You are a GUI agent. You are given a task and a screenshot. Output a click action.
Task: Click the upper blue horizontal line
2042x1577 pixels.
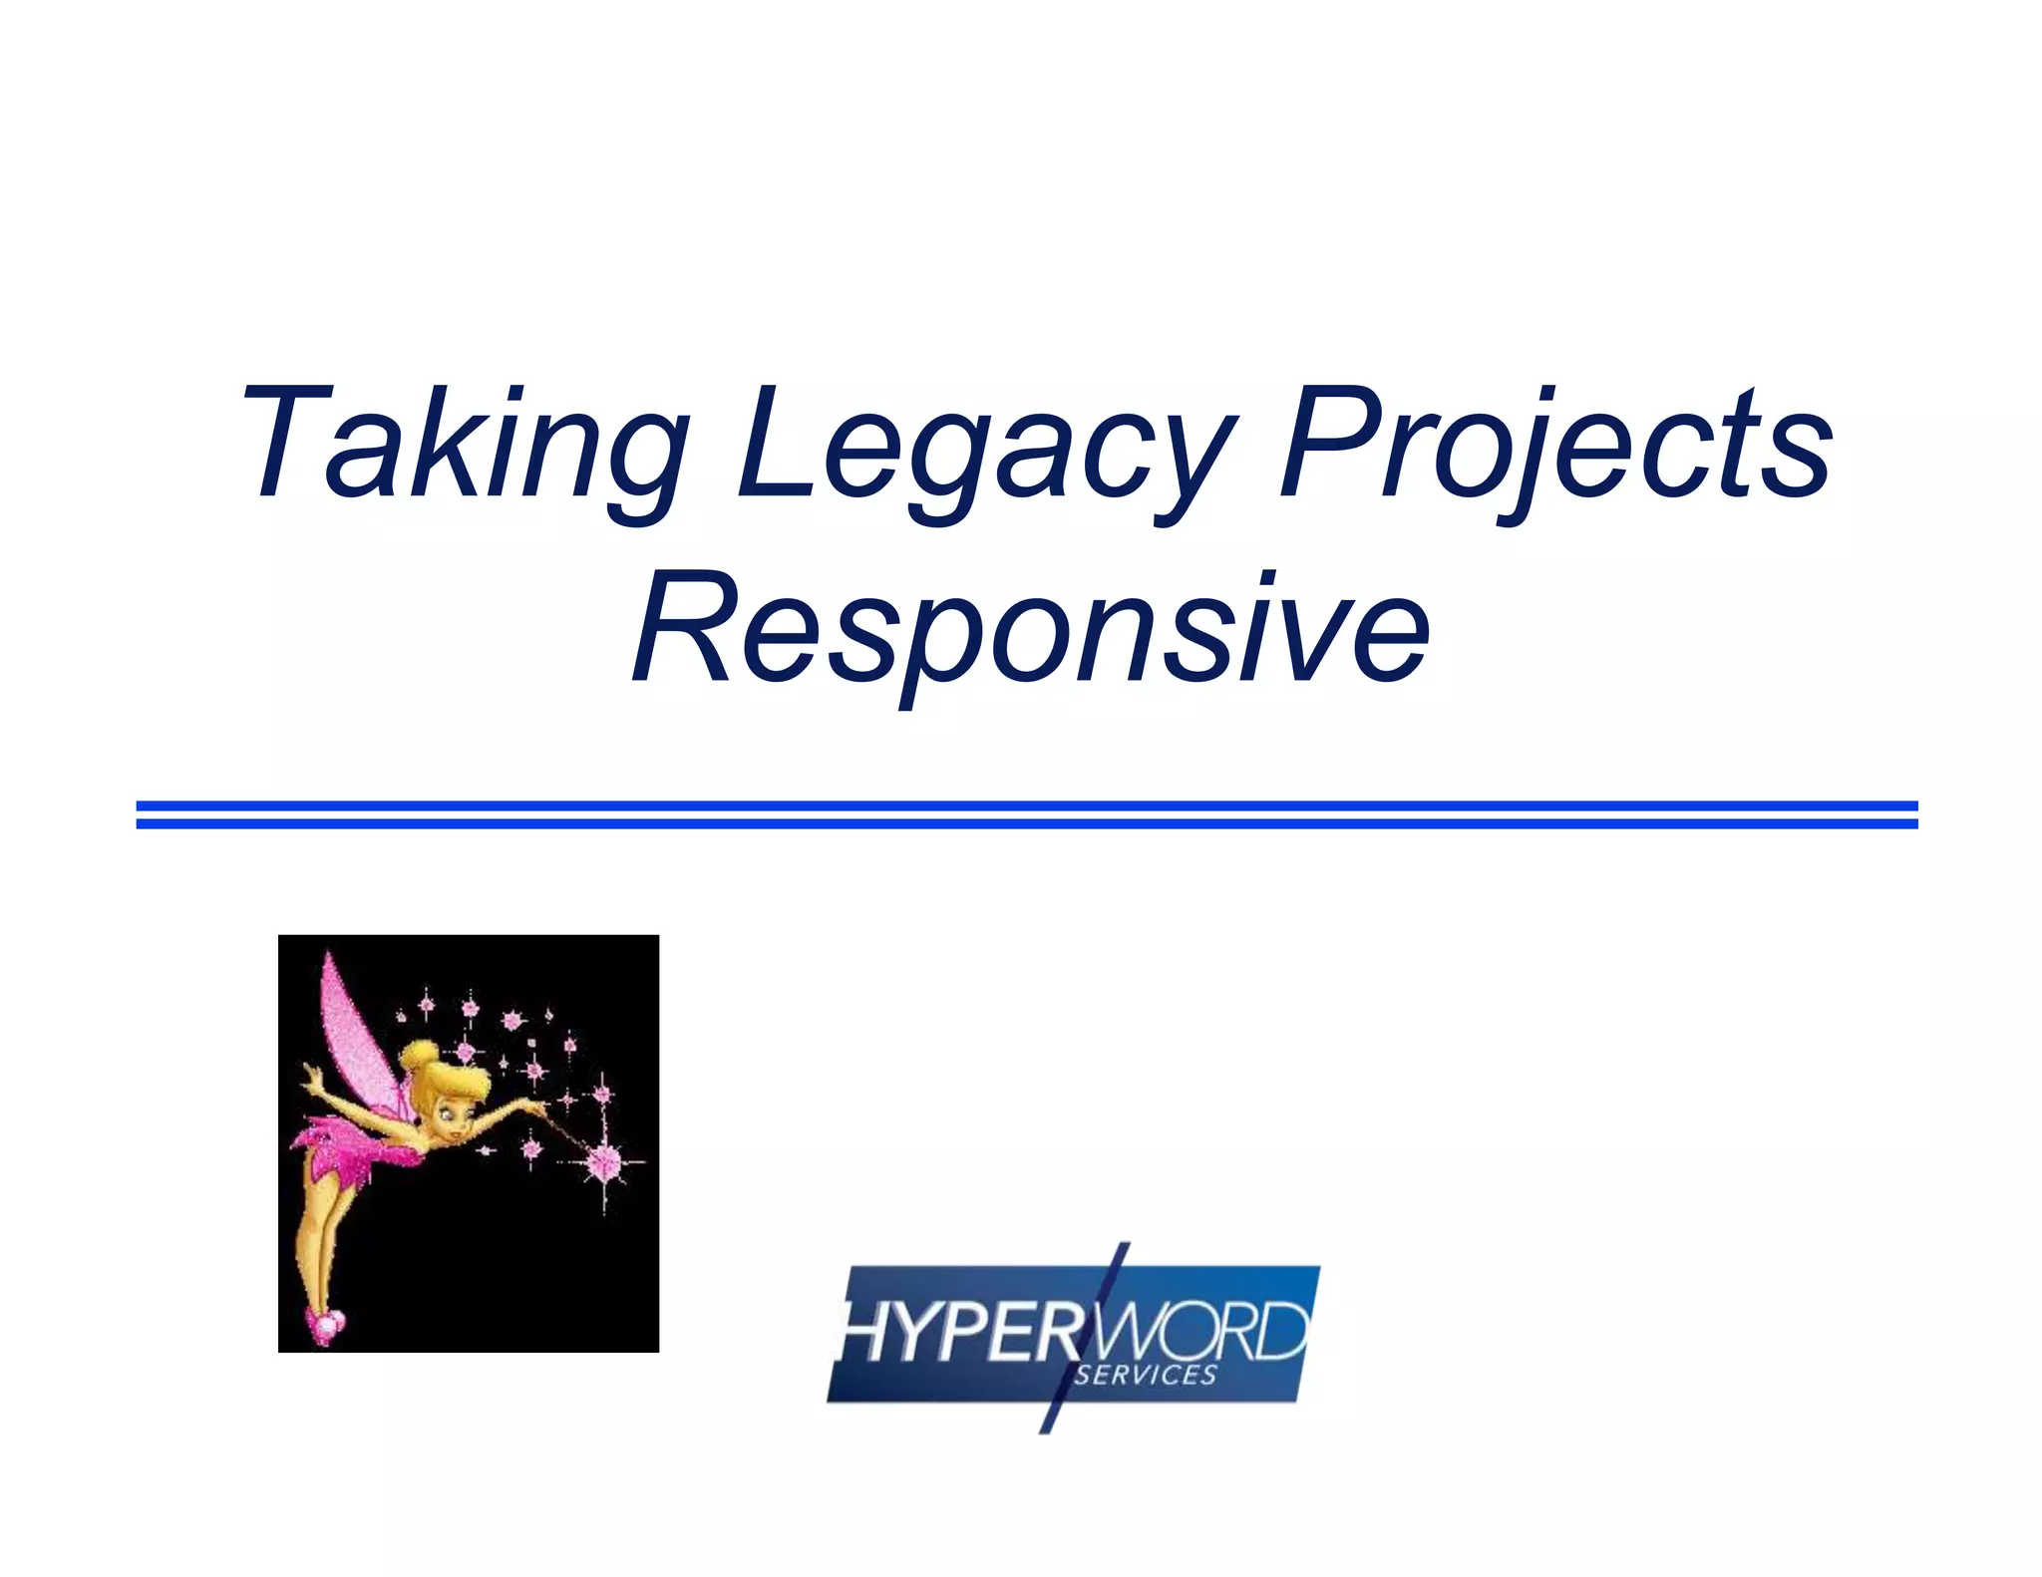tap(1027, 805)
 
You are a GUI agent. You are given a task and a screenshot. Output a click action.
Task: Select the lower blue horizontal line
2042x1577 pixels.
tap(1027, 824)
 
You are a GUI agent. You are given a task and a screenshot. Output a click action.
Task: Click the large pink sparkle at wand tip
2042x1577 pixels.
tap(603, 1161)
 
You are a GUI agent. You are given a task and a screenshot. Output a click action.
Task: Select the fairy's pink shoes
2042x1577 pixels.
tap(326, 1324)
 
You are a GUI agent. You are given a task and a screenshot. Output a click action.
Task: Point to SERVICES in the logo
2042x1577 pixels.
tap(1147, 1377)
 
